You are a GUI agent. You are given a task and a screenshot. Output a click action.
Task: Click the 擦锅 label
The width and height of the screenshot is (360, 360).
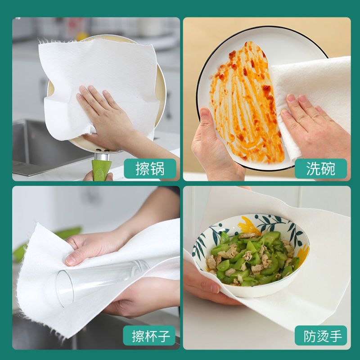pos(150,169)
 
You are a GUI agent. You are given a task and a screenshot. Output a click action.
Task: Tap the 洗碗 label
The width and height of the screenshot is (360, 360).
pos(320,169)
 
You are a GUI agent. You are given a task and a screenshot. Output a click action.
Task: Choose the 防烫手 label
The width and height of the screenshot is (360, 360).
pos(320,336)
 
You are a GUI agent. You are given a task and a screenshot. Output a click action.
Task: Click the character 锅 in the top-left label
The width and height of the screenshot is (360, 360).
pos(157,169)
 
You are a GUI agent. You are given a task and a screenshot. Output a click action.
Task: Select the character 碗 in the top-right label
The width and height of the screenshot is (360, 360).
pos(328,169)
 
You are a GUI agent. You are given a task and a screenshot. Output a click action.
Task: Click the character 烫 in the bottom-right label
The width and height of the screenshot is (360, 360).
pos(320,336)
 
